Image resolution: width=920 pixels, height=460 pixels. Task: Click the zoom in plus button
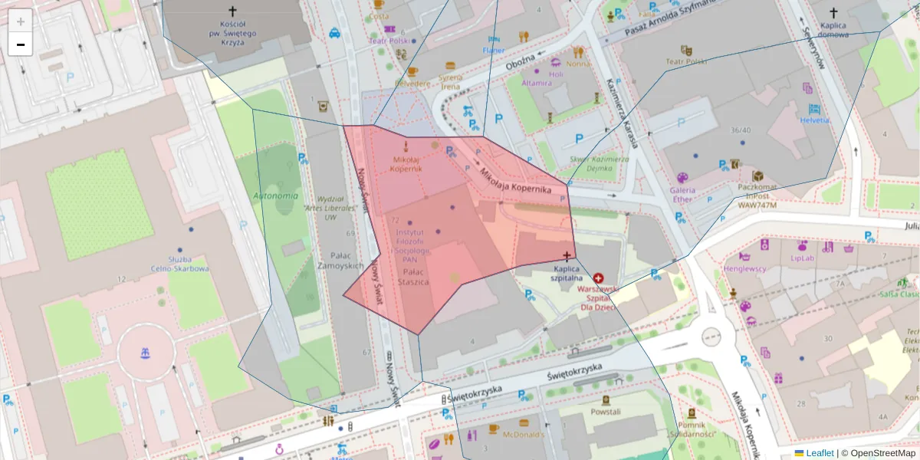click(x=20, y=21)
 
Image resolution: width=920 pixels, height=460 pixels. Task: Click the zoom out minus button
click(x=20, y=44)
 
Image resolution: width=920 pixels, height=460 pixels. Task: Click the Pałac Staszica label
click(x=413, y=277)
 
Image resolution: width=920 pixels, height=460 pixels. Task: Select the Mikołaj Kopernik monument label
click(x=406, y=164)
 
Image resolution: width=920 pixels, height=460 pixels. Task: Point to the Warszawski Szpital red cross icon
click(x=598, y=280)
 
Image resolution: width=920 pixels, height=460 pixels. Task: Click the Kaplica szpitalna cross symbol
click(x=567, y=255)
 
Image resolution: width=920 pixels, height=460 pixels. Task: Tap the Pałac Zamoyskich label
click(x=340, y=261)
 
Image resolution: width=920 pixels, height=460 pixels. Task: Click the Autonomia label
click(x=275, y=195)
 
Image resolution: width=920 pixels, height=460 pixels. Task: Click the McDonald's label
click(x=523, y=435)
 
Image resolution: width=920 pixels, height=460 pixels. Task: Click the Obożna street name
click(x=519, y=66)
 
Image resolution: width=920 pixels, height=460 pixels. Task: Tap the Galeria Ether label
click(x=682, y=195)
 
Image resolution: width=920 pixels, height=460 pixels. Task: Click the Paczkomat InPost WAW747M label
click(x=757, y=195)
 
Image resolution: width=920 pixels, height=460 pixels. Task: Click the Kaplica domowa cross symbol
click(x=835, y=13)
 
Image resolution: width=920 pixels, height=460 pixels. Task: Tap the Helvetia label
click(x=813, y=120)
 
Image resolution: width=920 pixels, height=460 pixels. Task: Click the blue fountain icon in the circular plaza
click(x=144, y=353)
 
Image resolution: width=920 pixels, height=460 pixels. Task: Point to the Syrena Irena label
click(x=450, y=81)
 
